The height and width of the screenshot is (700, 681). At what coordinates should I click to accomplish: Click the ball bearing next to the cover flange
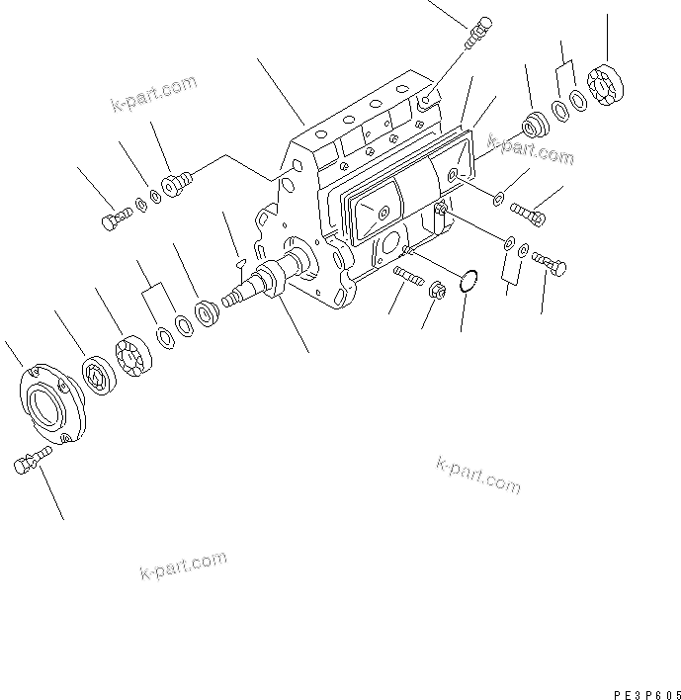100,375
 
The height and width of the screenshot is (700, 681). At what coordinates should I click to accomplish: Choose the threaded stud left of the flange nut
405,274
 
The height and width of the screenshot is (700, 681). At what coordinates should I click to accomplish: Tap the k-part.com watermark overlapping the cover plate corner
531,150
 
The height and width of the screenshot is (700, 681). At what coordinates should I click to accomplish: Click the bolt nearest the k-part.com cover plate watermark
526,210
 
